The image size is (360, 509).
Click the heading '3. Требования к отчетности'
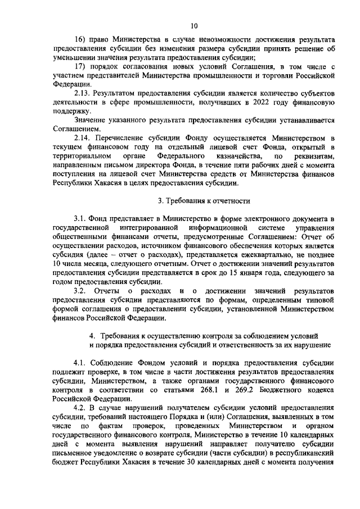[x=203, y=201]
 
